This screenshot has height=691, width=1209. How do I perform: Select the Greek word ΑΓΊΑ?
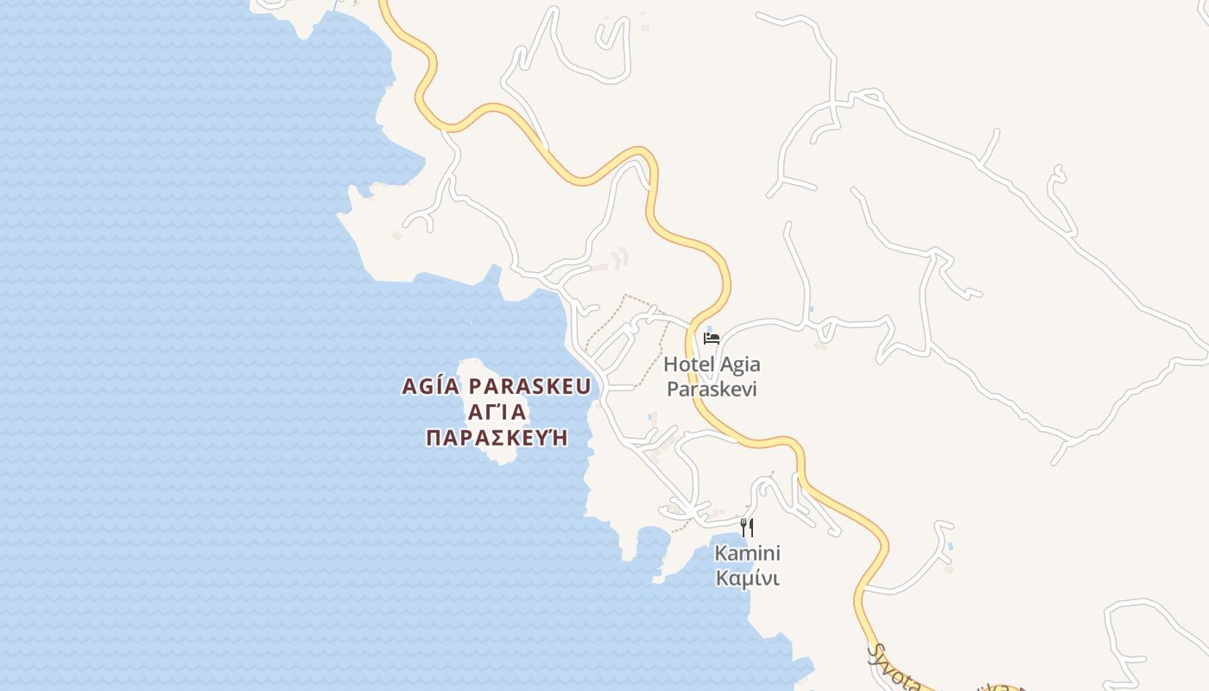497,412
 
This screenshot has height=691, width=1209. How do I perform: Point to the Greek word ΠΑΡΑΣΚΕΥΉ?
497,437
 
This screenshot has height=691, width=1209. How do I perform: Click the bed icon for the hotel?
712,338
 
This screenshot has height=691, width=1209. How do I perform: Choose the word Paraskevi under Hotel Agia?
712,389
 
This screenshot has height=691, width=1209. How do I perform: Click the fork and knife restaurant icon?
748,527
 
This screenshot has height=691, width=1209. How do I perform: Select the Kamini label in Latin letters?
747,553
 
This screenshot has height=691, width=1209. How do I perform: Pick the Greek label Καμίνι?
747,578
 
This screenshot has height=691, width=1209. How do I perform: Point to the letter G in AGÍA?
425,386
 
